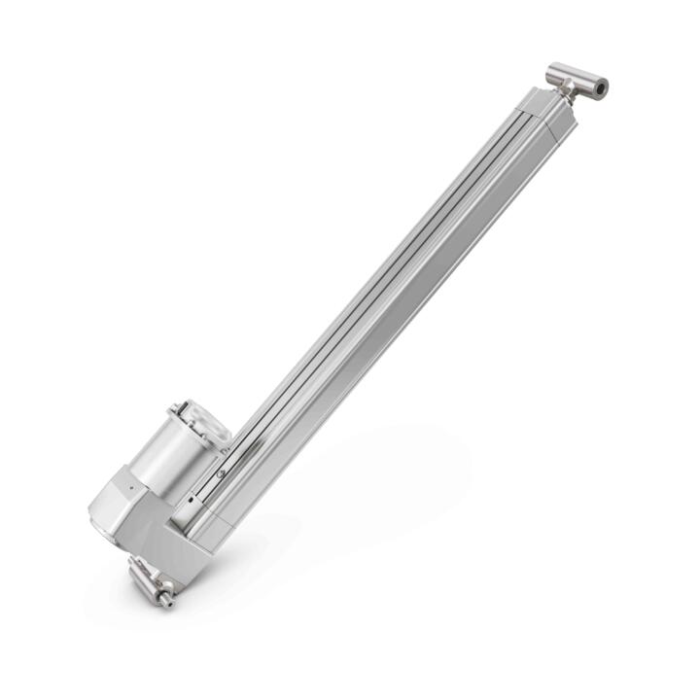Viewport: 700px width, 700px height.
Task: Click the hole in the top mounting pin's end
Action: click(x=602, y=87)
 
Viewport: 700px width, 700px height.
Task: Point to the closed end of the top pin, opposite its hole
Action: click(x=552, y=70)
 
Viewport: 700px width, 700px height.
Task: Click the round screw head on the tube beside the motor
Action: click(x=222, y=472)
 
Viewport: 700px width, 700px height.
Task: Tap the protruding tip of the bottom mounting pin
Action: click(x=167, y=600)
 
